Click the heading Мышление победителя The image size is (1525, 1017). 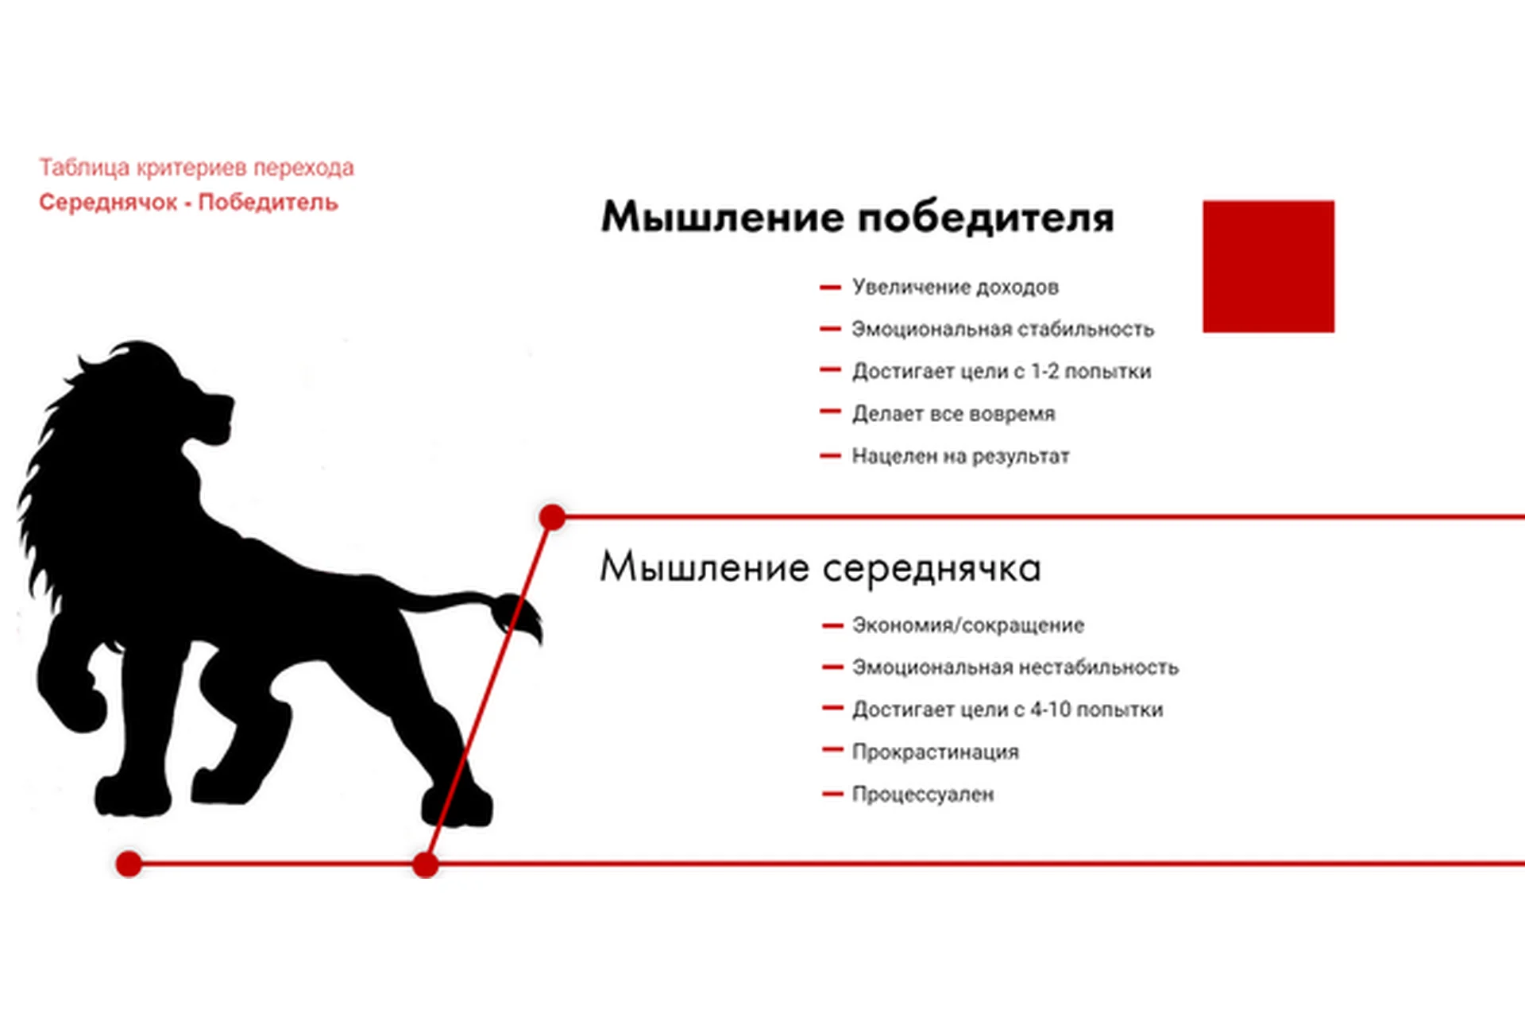point(858,217)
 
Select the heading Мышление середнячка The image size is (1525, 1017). point(820,567)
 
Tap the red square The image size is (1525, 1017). point(1268,266)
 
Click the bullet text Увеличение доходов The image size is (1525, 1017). point(956,287)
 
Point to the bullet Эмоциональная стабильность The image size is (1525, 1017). point(1002,329)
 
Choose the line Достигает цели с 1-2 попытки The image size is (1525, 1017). point(1002,371)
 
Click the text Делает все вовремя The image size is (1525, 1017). point(953,413)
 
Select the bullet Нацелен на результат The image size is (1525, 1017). point(960,456)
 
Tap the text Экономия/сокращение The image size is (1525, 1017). point(968,625)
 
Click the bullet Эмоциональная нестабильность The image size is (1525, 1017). point(1015,667)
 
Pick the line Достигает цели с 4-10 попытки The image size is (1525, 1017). point(1007,710)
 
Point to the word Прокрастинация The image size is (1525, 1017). point(935,752)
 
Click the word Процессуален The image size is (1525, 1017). point(923,794)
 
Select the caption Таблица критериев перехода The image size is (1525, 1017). point(196,168)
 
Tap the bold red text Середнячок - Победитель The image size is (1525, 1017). point(188,203)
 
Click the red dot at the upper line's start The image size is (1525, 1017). point(552,517)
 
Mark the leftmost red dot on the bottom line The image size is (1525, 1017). point(129,864)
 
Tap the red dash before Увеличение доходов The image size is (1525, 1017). point(830,287)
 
